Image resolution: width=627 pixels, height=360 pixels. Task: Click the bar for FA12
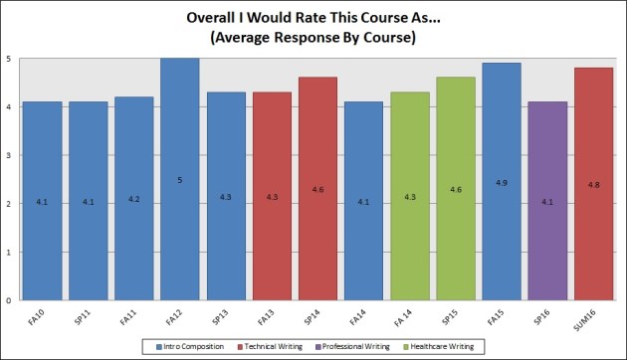click(180, 179)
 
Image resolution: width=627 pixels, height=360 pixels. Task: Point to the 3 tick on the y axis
click(9, 155)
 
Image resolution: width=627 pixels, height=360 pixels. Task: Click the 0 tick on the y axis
click(9, 299)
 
